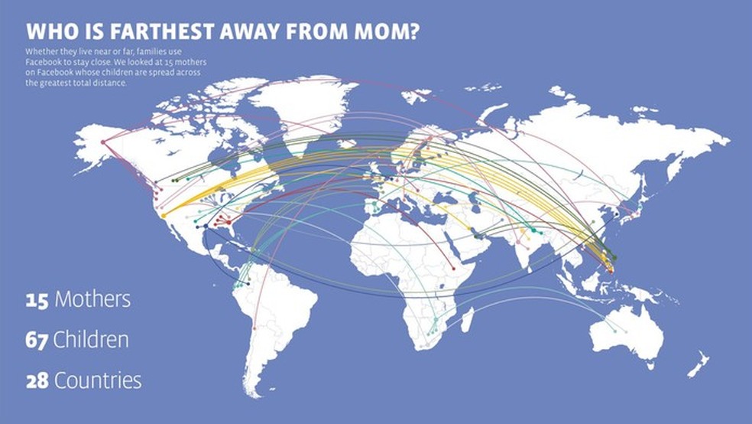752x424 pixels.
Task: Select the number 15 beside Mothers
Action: point(37,299)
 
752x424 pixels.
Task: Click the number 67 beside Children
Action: point(37,340)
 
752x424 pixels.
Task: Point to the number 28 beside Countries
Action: point(37,380)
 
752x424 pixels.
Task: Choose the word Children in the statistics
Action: point(90,340)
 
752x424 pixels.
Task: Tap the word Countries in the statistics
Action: point(98,380)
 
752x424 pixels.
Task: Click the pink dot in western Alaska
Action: point(103,141)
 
